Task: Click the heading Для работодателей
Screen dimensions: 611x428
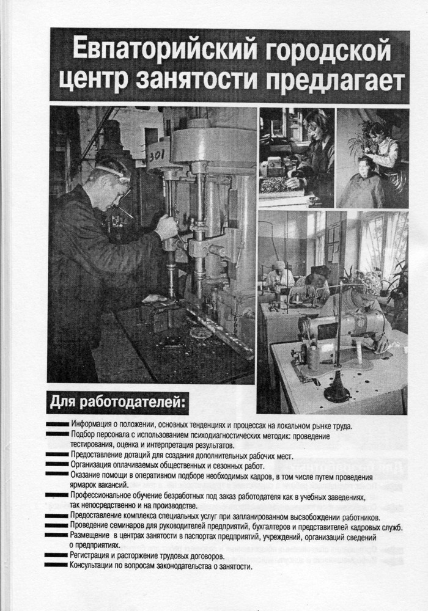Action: pos(117,403)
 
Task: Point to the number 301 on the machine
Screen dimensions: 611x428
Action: pos(157,155)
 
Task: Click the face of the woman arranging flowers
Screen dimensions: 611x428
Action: pos(319,122)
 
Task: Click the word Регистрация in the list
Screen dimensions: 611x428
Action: pos(94,556)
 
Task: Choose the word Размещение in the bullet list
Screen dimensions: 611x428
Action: pos(94,536)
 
